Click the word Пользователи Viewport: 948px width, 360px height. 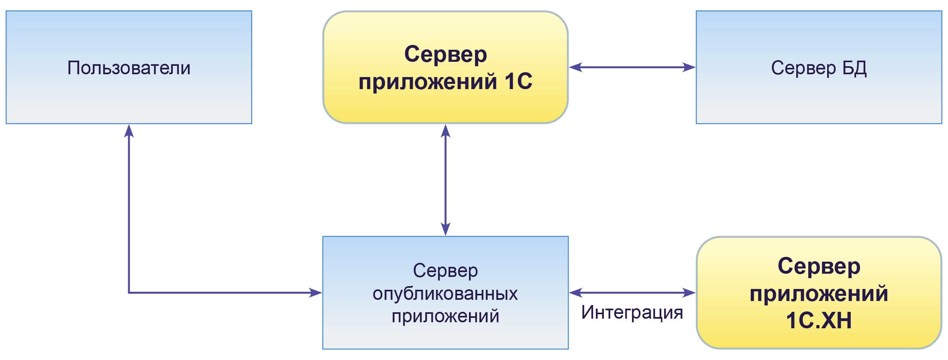coord(128,68)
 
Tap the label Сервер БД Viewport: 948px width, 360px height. coord(818,68)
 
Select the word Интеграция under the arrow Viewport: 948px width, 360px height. coord(632,312)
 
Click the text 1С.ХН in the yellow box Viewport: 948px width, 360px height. coord(818,320)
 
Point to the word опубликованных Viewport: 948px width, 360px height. coord(445,293)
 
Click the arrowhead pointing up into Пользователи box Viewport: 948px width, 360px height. coord(128,131)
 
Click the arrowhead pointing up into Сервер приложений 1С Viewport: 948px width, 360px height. coord(445,131)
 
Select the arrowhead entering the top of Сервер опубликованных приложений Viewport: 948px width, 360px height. coord(445,229)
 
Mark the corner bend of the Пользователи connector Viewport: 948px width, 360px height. coord(129,293)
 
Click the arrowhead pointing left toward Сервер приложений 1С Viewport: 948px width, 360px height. coord(576,67)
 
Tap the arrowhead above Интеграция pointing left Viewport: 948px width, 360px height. coord(576,293)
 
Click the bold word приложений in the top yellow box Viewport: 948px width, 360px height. coord(428,81)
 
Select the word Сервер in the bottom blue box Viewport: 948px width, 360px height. coord(445,271)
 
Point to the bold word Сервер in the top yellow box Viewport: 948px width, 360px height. coord(445,54)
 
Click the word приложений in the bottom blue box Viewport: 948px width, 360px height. coord(445,316)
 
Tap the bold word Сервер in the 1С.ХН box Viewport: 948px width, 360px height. coord(818,266)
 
